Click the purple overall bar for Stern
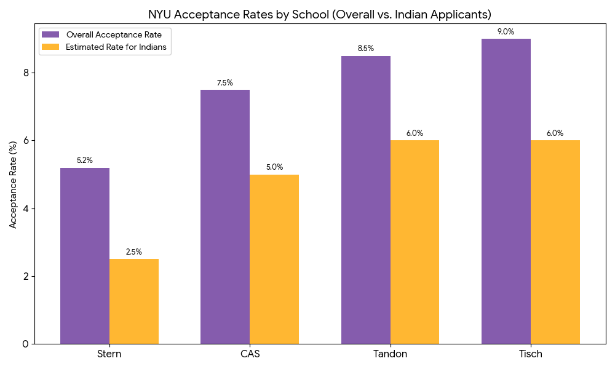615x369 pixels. click(x=85, y=256)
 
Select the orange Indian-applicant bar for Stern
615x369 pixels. click(x=134, y=301)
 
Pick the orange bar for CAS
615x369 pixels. click(x=274, y=259)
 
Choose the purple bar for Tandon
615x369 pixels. click(x=366, y=200)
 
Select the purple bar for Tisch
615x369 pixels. click(x=506, y=191)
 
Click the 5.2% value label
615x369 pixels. click(x=85, y=161)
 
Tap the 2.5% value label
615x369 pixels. click(x=134, y=252)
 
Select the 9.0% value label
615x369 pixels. click(x=506, y=32)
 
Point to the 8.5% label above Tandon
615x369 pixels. click(x=366, y=49)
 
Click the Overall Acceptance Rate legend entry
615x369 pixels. click(x=105, y=34)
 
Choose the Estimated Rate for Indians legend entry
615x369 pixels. click(x=105, y=47)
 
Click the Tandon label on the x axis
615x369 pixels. click(x=390, y=354)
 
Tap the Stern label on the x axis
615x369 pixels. click(x=109, y=354)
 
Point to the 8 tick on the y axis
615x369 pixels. click(x=25, y=73)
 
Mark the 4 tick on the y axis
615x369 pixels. click(x=25, y=208)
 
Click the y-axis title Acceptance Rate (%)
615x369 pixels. click(x=13, y=184)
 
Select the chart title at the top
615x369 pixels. click(x=319, y=14)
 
